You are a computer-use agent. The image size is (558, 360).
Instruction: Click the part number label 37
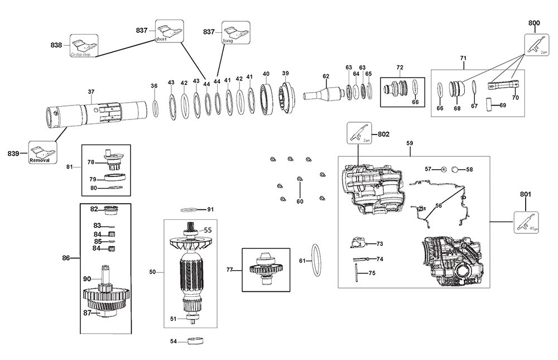(91, 92)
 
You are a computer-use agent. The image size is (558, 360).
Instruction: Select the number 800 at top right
(534, 22)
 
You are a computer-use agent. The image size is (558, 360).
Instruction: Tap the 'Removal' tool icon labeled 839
(43, 152)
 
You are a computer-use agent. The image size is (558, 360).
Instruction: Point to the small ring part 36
(155, 108)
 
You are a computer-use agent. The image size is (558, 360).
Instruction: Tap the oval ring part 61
(315, 260)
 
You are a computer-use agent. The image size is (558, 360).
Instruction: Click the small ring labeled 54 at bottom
(196, 340)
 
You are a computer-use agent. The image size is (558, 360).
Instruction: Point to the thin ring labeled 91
(190, 210)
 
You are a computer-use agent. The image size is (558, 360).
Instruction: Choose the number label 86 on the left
(66, 258)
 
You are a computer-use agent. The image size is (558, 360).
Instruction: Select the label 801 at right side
(525, 195)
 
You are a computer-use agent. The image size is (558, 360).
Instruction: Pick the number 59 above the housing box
(410, 143)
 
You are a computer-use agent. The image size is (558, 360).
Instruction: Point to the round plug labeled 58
(455, 169)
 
